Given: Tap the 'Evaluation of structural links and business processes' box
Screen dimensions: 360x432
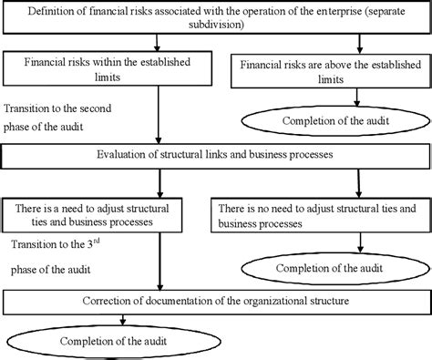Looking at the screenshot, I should click(216, 155).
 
